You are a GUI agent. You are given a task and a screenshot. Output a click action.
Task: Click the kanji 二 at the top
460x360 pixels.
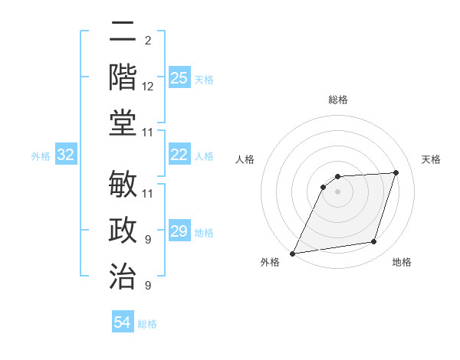point(123,33)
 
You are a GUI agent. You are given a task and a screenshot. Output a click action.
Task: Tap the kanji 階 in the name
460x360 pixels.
point(123,78)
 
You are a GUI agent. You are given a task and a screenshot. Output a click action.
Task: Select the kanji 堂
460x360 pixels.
point(123,124)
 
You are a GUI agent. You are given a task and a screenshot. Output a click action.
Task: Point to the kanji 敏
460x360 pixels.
point(123,186)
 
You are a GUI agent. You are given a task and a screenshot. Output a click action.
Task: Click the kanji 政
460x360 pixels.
point(123,231)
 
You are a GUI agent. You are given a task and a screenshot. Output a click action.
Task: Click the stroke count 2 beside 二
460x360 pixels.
point(147,40)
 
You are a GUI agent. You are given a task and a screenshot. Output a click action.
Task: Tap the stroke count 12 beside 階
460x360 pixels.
point(148,87)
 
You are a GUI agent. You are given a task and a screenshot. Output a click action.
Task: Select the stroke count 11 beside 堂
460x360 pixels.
point(148,133)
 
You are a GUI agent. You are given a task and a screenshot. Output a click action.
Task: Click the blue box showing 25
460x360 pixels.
point(179,78)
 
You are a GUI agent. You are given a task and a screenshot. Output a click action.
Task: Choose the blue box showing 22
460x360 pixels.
point(179,155)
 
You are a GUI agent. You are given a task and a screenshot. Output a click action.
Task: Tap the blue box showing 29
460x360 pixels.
point(179,232)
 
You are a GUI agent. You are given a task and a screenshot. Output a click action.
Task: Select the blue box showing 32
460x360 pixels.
point(65,155)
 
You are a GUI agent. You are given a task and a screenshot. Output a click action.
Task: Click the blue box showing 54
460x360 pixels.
point(123,322)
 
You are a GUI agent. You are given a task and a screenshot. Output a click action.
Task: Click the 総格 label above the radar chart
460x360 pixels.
point(338,100)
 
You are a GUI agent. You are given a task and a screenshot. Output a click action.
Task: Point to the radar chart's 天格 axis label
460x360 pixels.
point(432,159)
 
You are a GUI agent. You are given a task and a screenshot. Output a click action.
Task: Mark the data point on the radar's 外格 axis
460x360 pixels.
point(292,254)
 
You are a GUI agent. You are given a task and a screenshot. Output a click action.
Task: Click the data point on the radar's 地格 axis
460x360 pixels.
point(374,242)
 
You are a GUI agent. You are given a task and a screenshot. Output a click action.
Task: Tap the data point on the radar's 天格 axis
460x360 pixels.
point(396,172)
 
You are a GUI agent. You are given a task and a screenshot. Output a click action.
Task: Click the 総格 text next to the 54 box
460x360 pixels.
point(147,324)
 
